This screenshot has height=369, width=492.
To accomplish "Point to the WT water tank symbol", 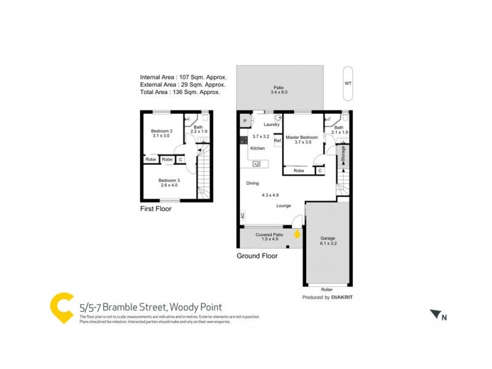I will (x=348, y=82).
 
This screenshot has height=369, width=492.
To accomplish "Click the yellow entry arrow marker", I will (x=297, y=234).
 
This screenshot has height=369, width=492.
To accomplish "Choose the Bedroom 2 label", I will (x=162, y=130).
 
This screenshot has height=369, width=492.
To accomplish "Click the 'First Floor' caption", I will (x=156, y=209).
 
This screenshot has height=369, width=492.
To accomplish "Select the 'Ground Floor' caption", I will (x=257, y=256).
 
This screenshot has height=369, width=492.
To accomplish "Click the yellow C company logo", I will (x=61, y=308).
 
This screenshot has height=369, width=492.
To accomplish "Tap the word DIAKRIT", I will (x=349, y=297).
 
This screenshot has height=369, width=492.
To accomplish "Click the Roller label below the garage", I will (x=327, y=289).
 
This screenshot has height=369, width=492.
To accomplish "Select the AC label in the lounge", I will (x=243, y=216).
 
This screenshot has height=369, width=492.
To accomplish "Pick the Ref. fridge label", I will (x=278, y=141).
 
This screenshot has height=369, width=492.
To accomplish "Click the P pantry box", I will (x=245, y=121).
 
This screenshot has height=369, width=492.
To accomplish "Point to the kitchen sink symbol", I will (x=256, y=164).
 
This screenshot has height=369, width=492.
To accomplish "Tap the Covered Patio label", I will (x=269, y=235).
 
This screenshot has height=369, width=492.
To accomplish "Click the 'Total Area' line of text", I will (x=182, y=92).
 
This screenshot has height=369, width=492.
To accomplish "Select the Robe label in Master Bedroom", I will (x=298, y=170).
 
